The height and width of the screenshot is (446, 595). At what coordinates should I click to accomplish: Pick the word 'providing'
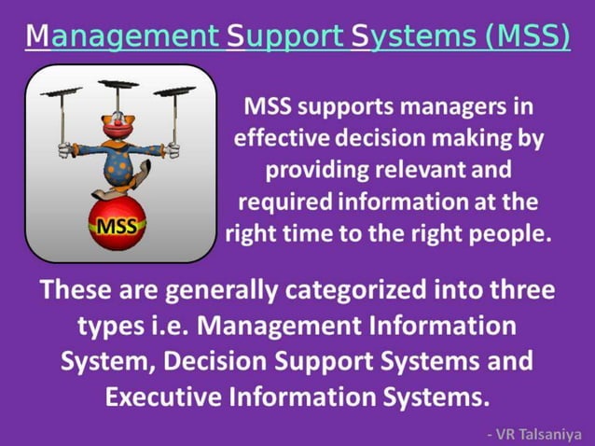coord(311,170)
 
